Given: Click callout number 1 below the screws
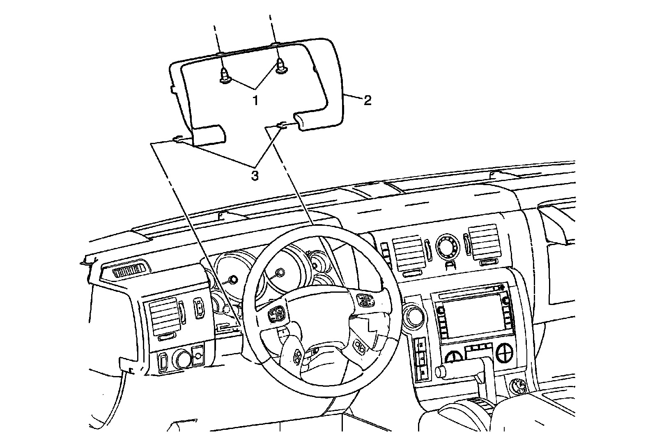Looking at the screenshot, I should click(x=255, y=99).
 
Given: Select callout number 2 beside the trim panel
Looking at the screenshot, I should click(x=367, y=100).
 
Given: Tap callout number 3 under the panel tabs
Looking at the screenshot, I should click(x=255, y=176).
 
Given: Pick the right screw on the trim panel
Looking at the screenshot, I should click(x=281, y=67).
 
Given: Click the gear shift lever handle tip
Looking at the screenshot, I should click(x=441, y=372).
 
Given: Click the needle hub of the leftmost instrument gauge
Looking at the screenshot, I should click(x=233, y=280).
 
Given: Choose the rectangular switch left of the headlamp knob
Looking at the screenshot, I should click(x=163, y=360).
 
